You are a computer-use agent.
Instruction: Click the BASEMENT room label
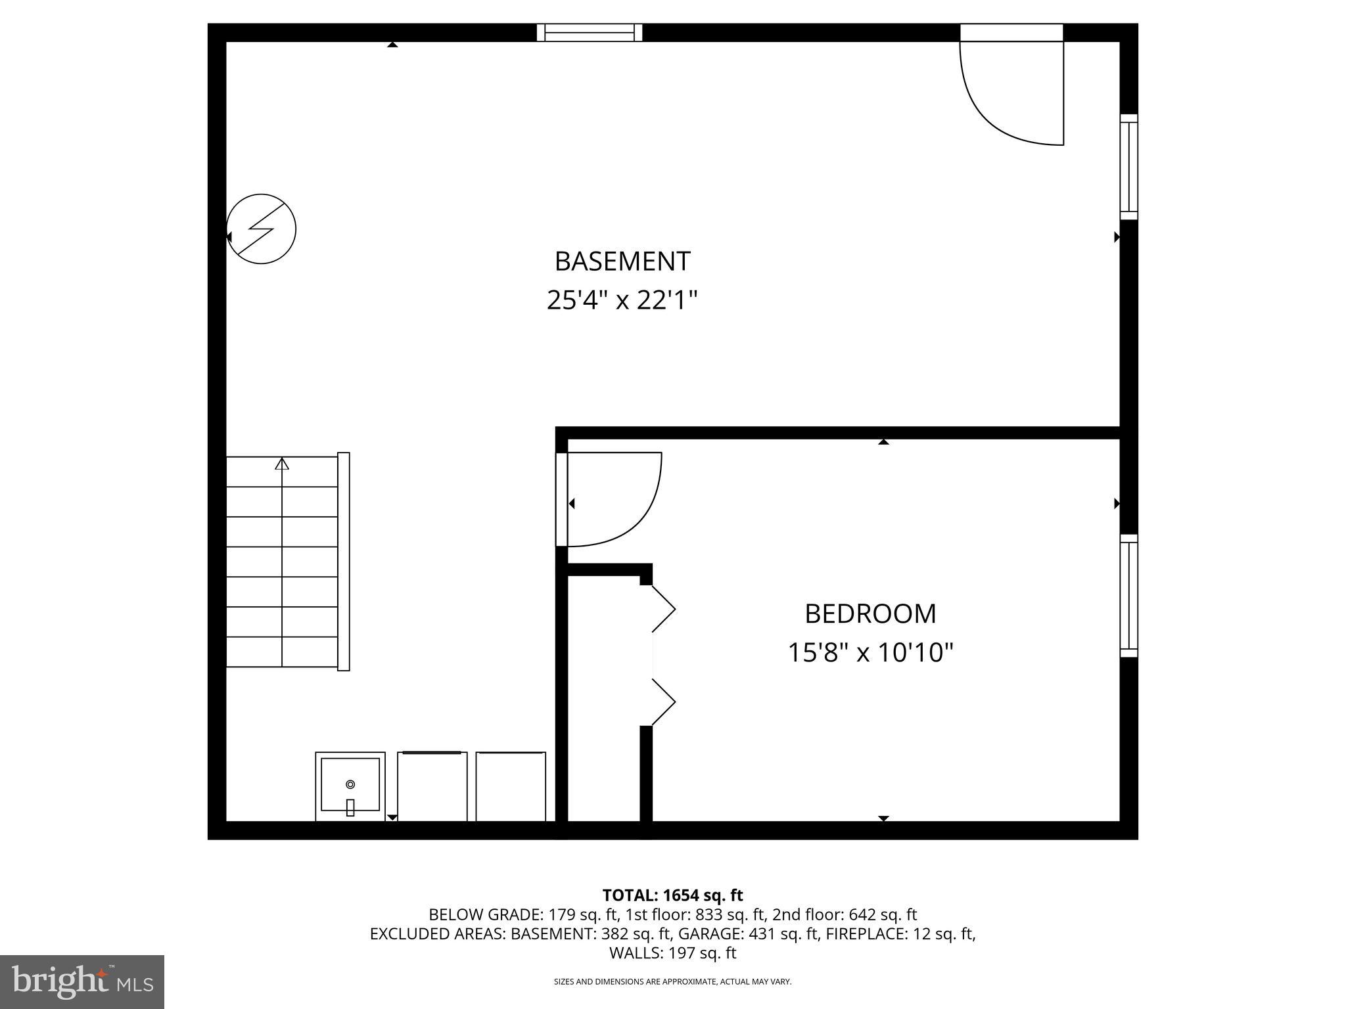coord(622,261)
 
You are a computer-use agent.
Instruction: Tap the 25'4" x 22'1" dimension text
coord(622,301)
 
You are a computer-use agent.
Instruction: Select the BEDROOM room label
coord(870,614)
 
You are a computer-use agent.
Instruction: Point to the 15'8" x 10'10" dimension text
coord(870,653)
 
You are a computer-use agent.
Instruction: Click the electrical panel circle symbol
coord(262,229)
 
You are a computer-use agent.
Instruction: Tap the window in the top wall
coord(590,32)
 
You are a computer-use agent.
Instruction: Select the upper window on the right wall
coord(1128,167)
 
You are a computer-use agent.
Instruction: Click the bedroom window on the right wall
coord(1128,595)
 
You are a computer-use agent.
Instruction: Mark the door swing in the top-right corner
coord(1012,92)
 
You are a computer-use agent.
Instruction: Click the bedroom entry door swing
coord(615,499)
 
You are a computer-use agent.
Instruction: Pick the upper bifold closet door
coord(664,609)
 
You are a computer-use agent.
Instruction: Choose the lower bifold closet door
coord(664,702)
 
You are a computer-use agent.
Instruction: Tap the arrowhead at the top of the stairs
coord(282,464)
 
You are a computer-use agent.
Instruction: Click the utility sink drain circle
coord(350,784)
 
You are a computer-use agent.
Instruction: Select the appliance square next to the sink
coord(432,786)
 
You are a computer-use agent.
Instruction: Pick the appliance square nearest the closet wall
coord(511,786)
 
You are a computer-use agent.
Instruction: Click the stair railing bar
coord(343,561)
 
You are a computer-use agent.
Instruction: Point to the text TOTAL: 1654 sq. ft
coord(672,895)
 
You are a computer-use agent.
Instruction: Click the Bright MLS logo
coord(82,981)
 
